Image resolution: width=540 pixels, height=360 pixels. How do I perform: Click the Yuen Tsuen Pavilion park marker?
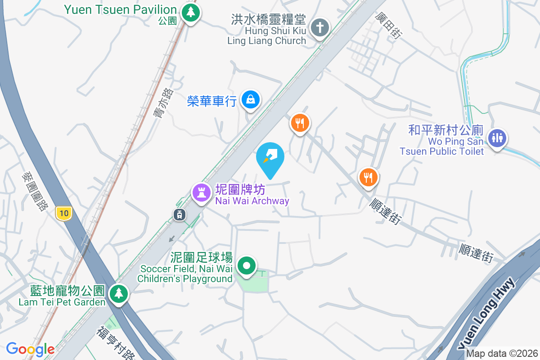tap(191, 13)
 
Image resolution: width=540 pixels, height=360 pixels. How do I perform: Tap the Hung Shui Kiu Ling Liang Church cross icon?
tap(320, 28)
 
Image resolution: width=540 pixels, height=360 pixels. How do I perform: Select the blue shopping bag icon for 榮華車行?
tap(250, 99)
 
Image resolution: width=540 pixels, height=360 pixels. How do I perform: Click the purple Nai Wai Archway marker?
tap(202, 193)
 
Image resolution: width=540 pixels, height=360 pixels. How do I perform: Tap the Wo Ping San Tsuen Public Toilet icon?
tap(497, 138)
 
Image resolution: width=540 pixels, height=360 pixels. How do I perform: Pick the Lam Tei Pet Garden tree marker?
tap(119, 293)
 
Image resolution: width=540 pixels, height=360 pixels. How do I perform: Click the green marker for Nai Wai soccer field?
tap(246, 265)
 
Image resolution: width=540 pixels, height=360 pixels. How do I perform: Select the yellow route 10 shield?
tap(64, 213)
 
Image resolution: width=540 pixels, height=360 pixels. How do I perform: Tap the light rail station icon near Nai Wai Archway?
tap(179, 215)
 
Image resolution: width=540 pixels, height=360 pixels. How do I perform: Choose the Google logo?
tap(30, 349)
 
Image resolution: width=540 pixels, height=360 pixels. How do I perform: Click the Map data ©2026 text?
tap(502, 353)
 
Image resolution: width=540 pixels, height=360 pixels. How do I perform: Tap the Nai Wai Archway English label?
tap(252, 201)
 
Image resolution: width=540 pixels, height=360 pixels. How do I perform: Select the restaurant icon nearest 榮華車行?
tap(299, 122)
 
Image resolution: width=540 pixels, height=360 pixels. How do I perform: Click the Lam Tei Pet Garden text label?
tap(62, 302)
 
